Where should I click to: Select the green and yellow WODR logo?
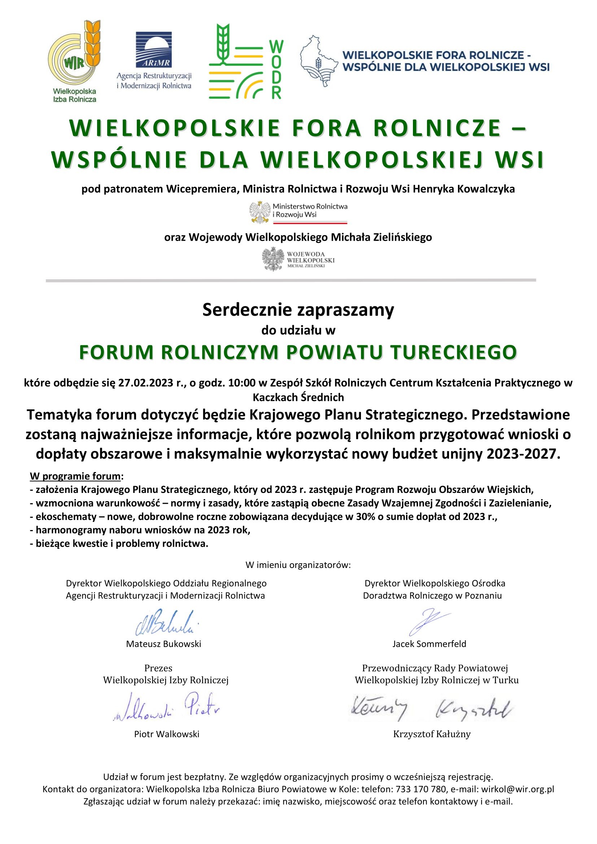tap(245, 61)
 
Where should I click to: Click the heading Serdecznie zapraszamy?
tap(298, 310)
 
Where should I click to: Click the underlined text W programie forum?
tap(75, 476)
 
